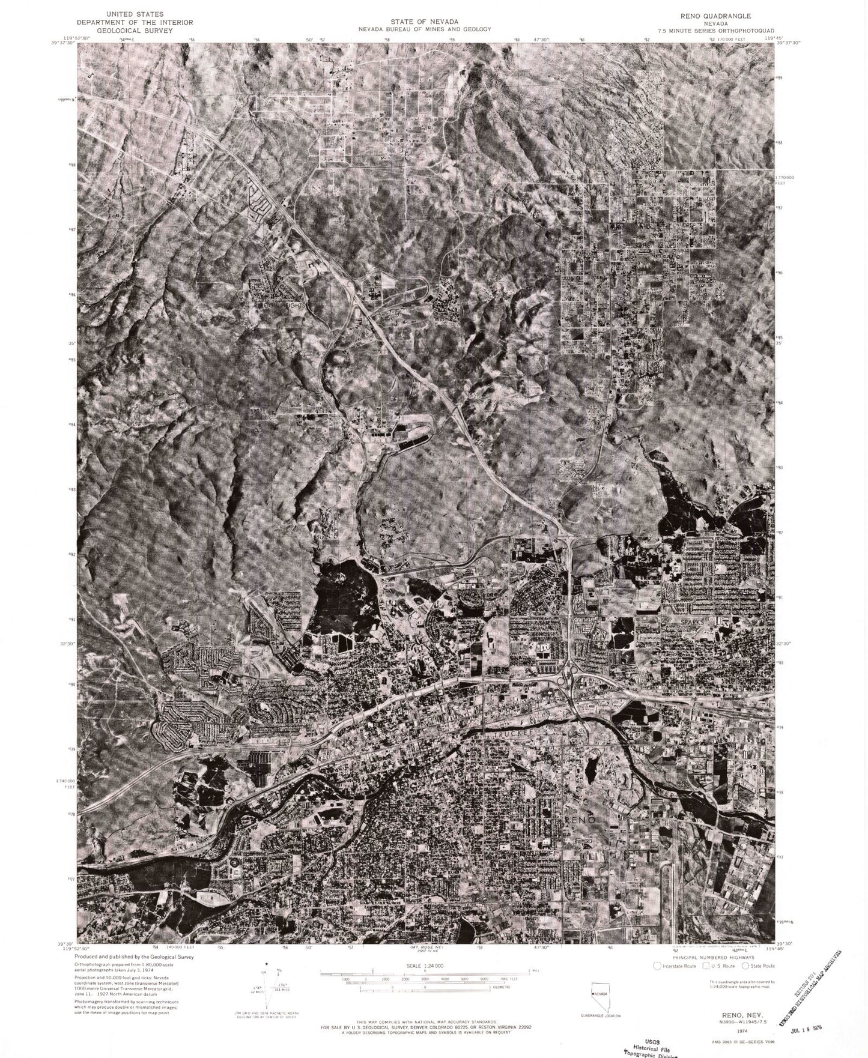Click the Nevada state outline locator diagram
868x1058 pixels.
tap(598, 992)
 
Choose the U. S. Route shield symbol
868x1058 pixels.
tap(705, 966)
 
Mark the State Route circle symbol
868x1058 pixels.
tap(745, 966)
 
